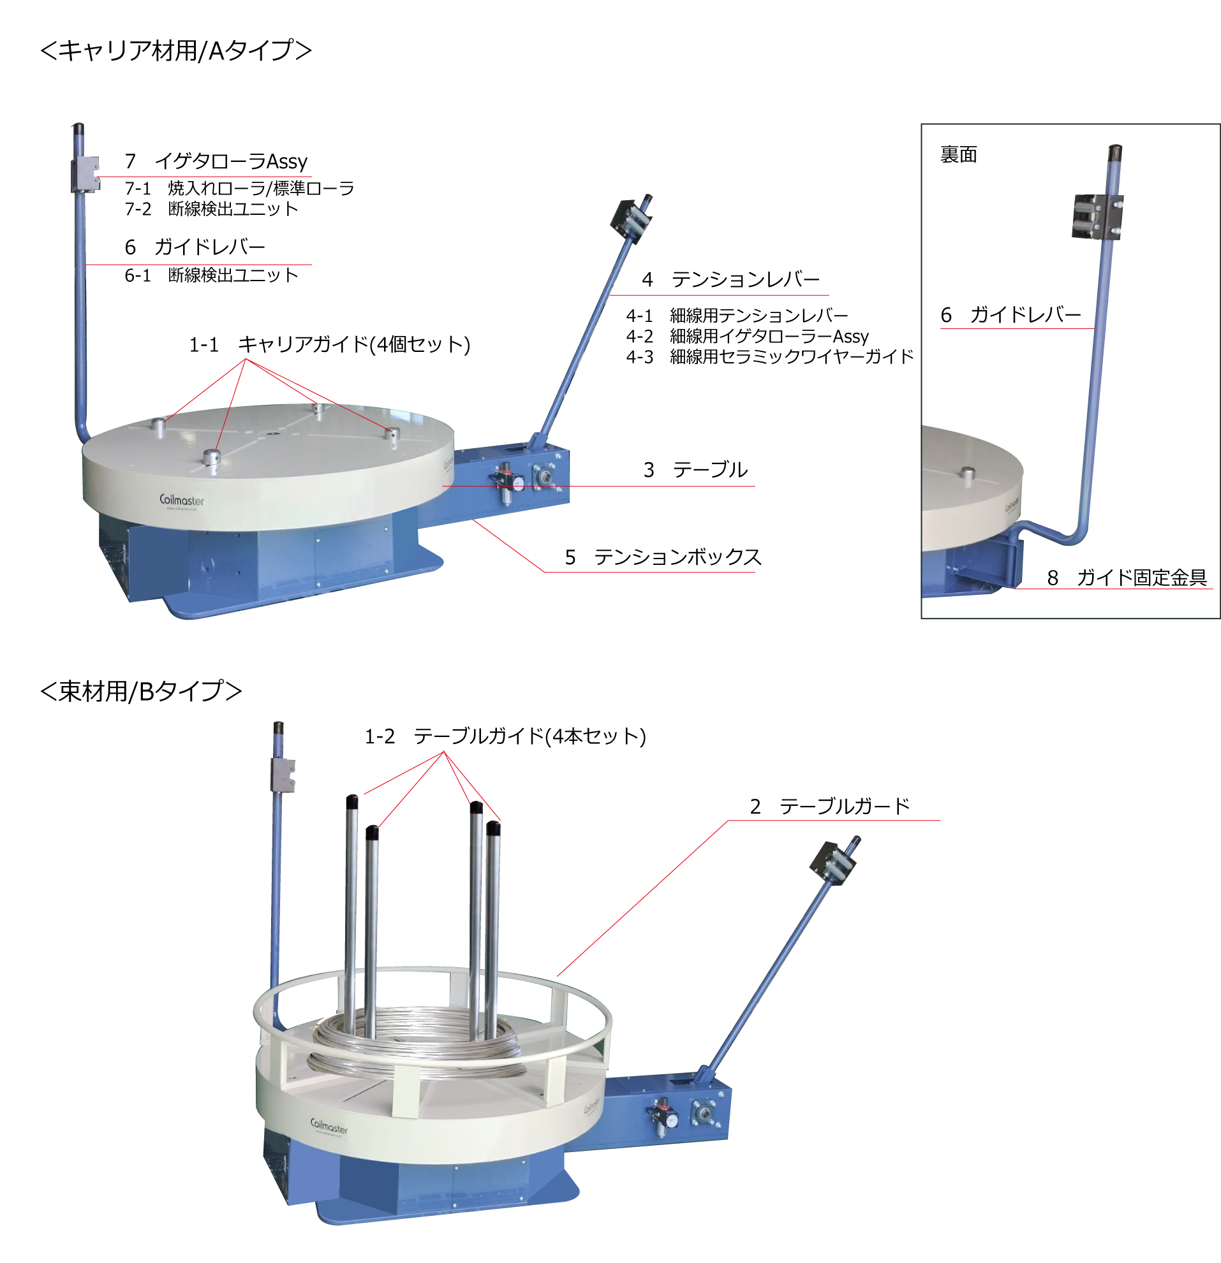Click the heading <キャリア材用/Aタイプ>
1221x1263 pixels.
coord(176,50)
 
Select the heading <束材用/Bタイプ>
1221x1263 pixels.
coord(141,690)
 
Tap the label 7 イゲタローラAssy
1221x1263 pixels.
coord(216,161)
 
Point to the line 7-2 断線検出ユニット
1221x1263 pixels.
coord(211,208)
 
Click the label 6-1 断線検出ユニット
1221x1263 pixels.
coord(211,275)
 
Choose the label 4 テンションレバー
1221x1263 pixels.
coord(731,279)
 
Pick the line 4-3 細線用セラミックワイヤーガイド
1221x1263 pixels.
coord(770,356)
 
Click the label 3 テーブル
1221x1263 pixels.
coord(695,469)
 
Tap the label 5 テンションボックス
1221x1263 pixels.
coord(663,557)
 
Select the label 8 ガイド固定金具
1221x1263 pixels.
coord(1127,578)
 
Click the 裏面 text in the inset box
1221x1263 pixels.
coord(959,155)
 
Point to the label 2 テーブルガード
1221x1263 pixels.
coord(830,806)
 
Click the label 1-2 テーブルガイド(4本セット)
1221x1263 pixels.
coord(505,736)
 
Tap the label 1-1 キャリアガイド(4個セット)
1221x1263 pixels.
coord(329,344)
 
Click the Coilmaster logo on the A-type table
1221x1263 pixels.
coord(182,500)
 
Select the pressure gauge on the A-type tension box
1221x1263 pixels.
coord(507,479)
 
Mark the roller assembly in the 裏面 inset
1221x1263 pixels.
coord(1097,217)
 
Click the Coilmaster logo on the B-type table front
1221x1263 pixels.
coord(329,1126)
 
